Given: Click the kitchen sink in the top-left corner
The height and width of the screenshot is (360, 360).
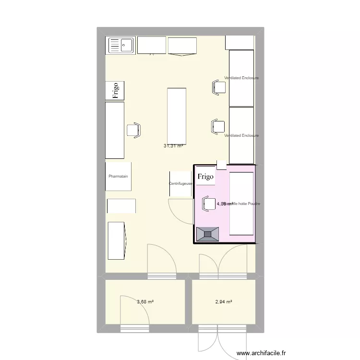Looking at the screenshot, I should [x=121, y=46].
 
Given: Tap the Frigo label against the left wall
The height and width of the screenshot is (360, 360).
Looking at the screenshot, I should [x=115, y=91].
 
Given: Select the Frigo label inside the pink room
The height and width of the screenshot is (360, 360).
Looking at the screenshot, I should [x=205, y=176].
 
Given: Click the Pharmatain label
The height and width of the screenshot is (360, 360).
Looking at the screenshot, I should [x=118, y=176].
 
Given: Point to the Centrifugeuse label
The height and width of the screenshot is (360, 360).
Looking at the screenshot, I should [x=180, y=183].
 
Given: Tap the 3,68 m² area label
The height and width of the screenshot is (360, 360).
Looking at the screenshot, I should [x=145, y=302].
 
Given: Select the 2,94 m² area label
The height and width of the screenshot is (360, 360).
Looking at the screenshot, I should [x=224, y=302].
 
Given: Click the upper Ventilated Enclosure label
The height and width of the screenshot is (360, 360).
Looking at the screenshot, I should [x=241, y=78].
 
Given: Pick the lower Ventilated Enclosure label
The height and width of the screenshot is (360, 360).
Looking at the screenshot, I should [x=241, y=135].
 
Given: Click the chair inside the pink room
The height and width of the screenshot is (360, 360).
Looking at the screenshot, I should [x=209, y=203].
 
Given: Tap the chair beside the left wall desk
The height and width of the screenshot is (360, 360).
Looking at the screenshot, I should [x=134, y=130].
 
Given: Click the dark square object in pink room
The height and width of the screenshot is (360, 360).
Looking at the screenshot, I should [x=208, y=234].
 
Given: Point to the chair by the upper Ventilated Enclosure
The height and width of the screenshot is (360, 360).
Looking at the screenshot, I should [x=218, y=87].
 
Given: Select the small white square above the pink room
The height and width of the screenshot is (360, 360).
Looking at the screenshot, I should [x=222, y=165].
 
